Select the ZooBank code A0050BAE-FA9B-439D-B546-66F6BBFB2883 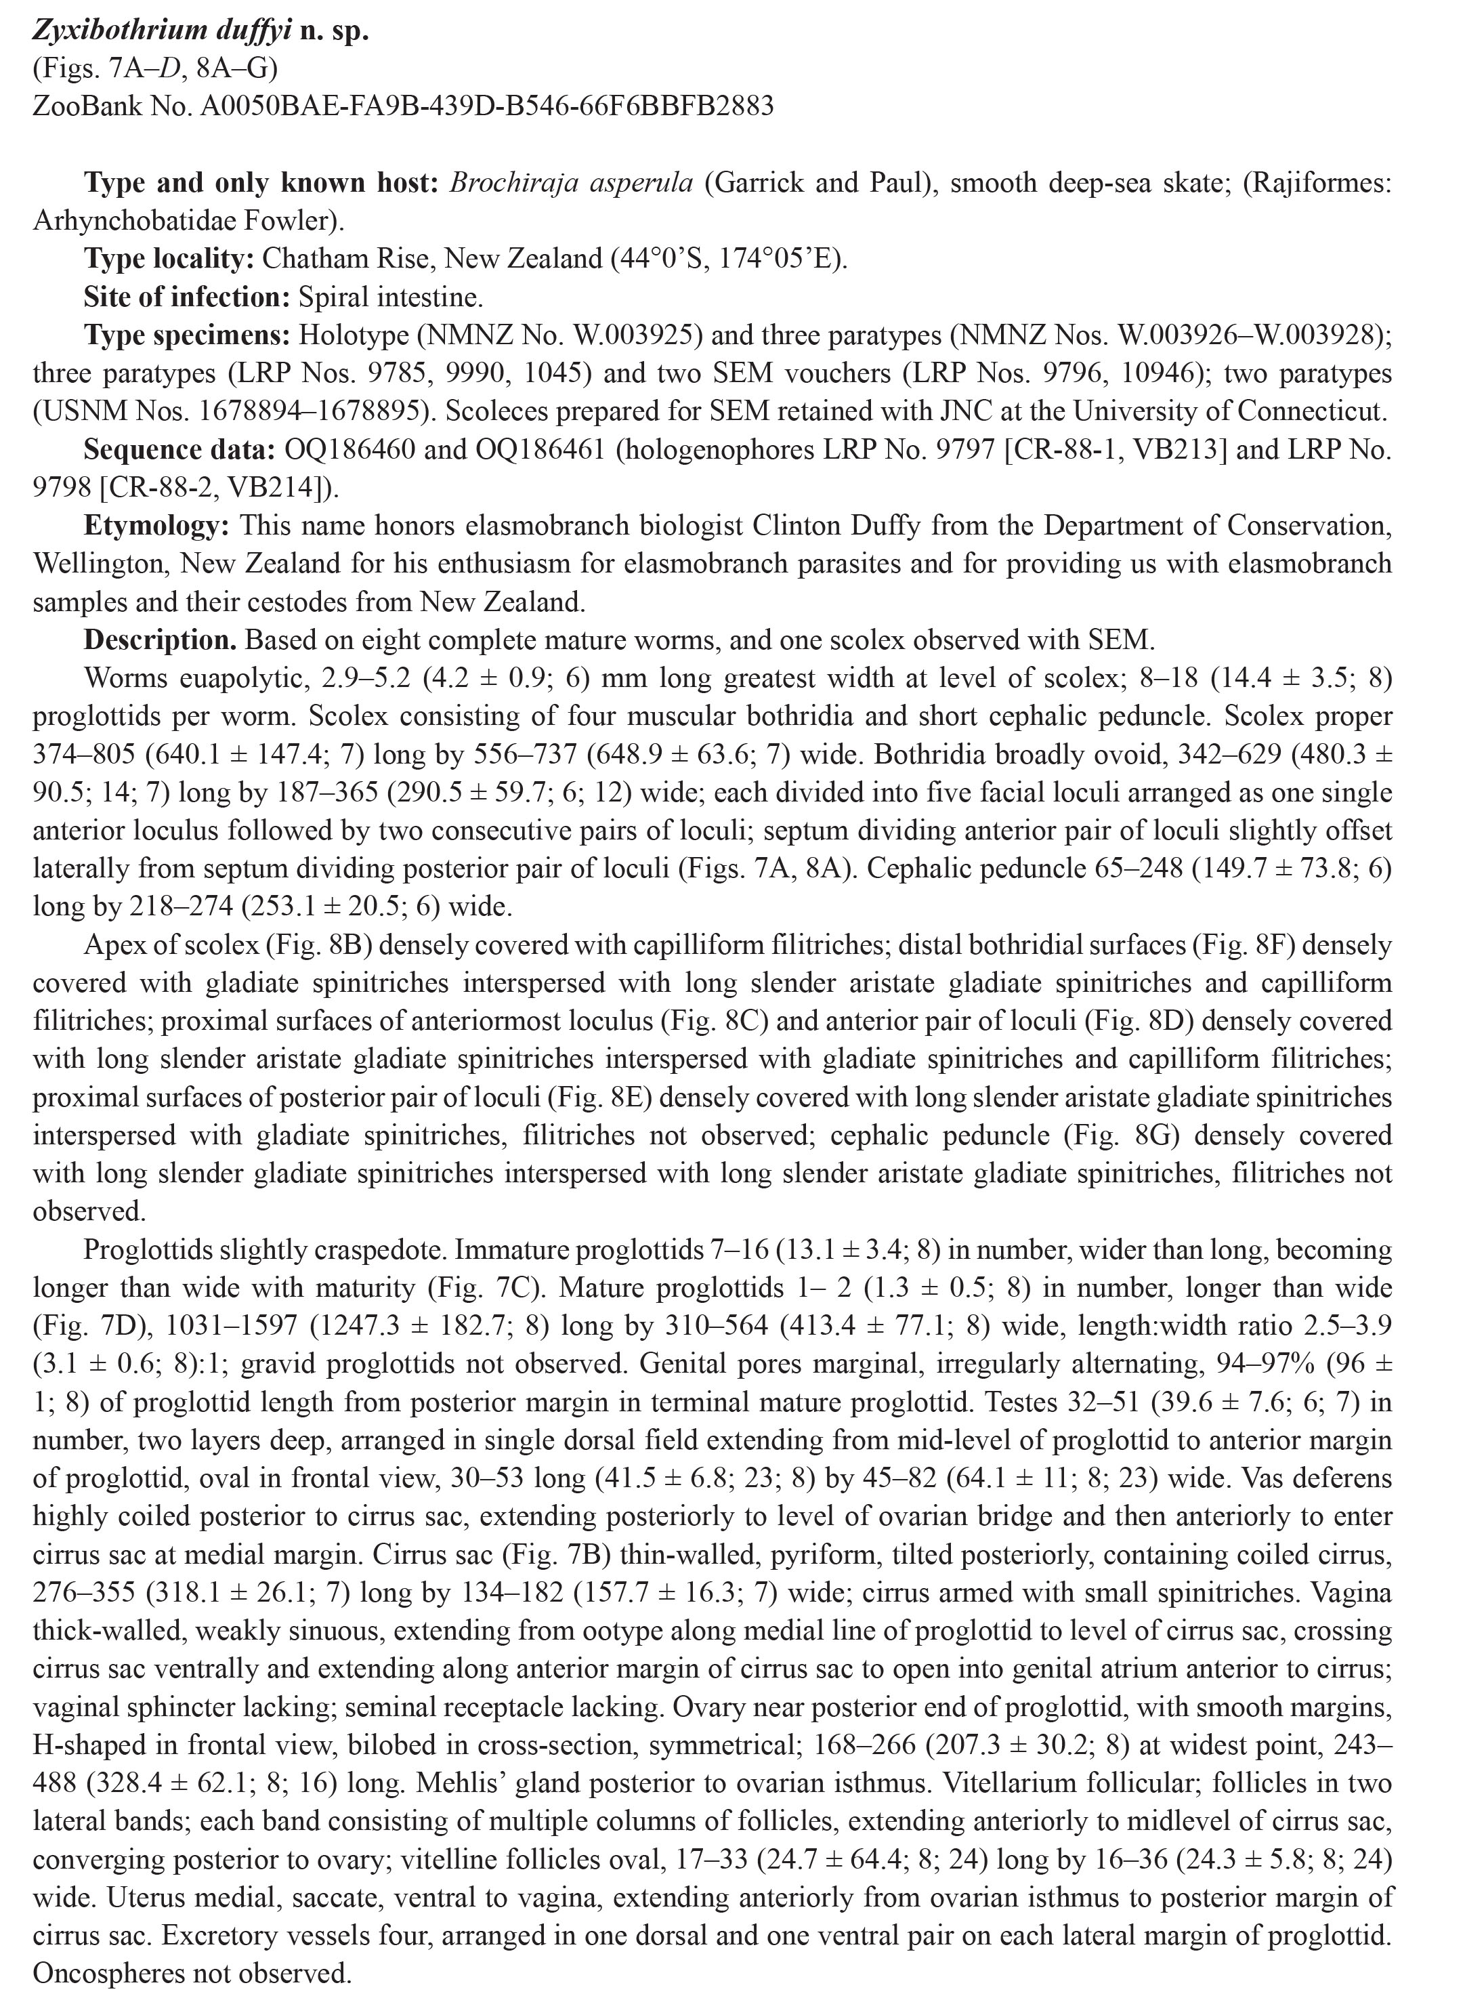click(487, 106)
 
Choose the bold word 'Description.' click(161, 640)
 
